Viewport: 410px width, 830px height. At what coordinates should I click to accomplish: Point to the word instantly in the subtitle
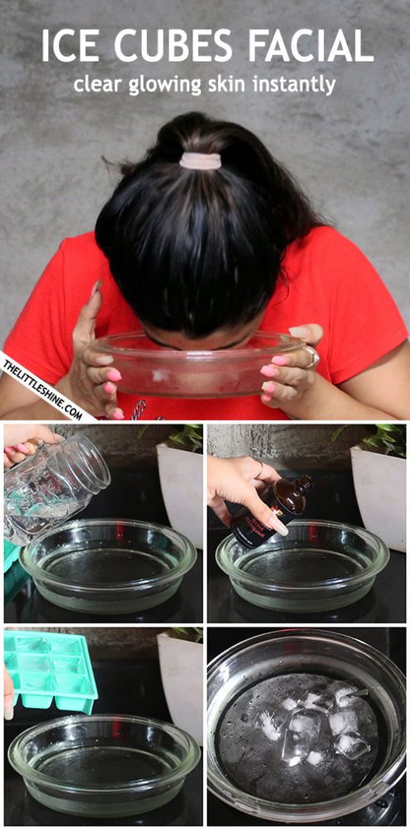click(x=292, y=84)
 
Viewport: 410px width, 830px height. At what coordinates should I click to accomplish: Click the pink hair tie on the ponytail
click(x=200, y=160)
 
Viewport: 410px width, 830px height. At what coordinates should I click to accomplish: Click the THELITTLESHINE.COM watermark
click(x=42, y=386)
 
